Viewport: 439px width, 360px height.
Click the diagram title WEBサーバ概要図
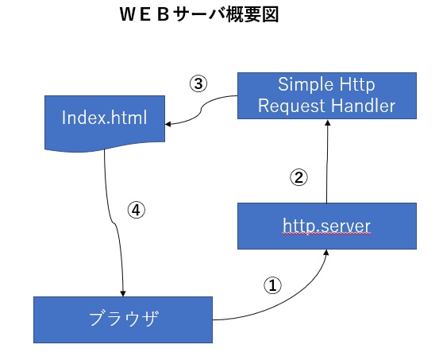pos(198,15)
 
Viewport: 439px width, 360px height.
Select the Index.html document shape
pos(106,118)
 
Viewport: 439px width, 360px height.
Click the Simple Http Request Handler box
pos(326,95)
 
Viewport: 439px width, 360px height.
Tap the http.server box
pos(326,226)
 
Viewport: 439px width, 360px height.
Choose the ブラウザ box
pos(123,319)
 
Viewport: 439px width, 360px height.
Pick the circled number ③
pos(199,83)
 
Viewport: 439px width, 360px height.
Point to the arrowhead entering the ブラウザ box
pos(123,292)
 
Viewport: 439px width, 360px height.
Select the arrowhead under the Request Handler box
pos(326,124)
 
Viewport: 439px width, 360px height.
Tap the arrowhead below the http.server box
pos(325,254)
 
